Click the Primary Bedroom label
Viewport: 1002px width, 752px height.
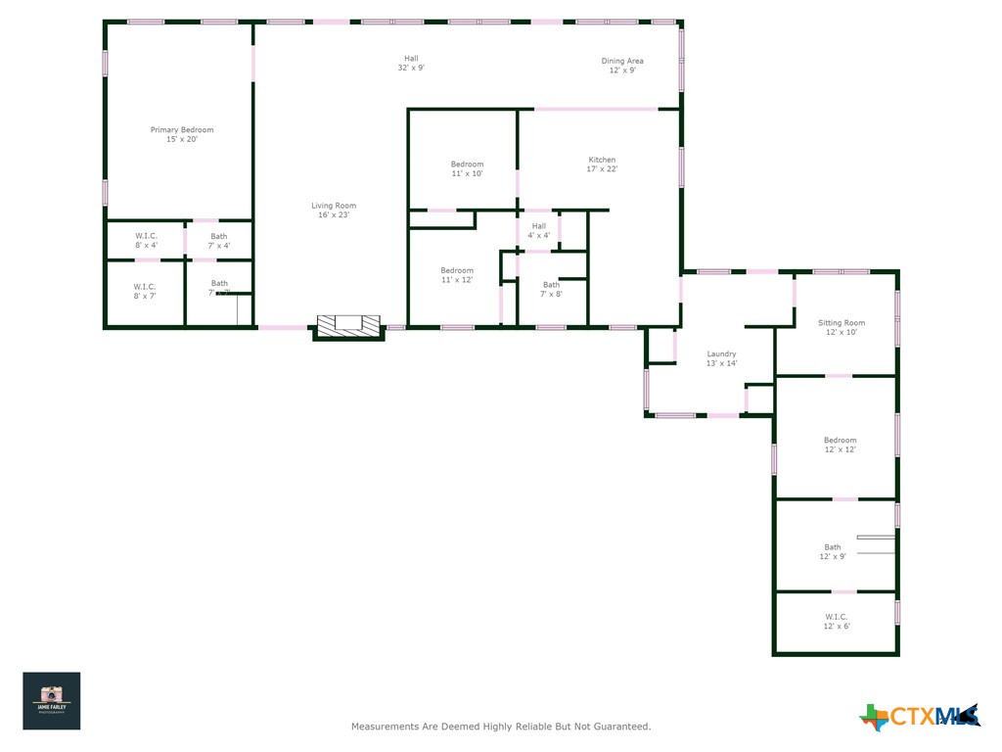(x=182, y=135)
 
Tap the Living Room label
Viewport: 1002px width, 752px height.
(x=334, y=211)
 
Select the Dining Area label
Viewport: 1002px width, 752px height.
(x=622, y=66)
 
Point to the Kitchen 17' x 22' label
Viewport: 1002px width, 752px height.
(x=602, y=164)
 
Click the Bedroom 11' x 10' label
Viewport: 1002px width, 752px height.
(x=467, y=168)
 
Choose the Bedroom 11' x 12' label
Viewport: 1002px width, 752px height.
(x=456, y=275)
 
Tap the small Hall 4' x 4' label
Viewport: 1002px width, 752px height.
(x=539, y=230)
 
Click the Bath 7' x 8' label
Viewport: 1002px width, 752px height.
(x=552, y=289)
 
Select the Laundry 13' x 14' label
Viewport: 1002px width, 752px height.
(x=721, y=358)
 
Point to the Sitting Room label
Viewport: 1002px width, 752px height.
(x=842, y=327)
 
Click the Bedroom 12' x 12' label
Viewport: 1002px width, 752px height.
(x=840, y=445)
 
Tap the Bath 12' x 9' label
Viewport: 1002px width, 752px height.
(x=832, y=551)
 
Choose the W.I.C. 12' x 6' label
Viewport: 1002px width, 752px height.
(x=836, y=621)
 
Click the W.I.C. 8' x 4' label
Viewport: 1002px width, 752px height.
(x=146, y=240)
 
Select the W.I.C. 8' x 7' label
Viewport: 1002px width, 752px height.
(x=145, y=291)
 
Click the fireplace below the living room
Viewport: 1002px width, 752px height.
(x=348, y=327)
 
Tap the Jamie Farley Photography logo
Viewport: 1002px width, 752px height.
(x=52, y=700)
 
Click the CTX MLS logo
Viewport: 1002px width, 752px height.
(x=920, y=717)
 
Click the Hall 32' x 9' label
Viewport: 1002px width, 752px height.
(x=411, y=63)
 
